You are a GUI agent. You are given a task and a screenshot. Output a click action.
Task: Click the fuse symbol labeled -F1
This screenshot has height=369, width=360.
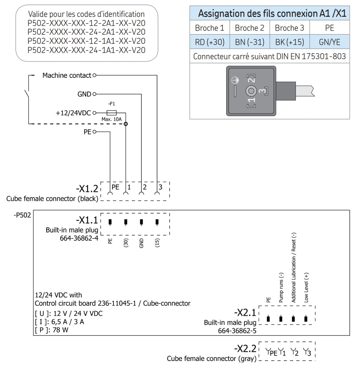111,113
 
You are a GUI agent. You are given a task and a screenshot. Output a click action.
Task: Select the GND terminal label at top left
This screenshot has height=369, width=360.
84,94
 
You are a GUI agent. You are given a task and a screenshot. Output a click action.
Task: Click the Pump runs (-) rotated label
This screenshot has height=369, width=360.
281,288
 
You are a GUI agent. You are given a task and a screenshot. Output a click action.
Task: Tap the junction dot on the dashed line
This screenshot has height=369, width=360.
125,124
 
